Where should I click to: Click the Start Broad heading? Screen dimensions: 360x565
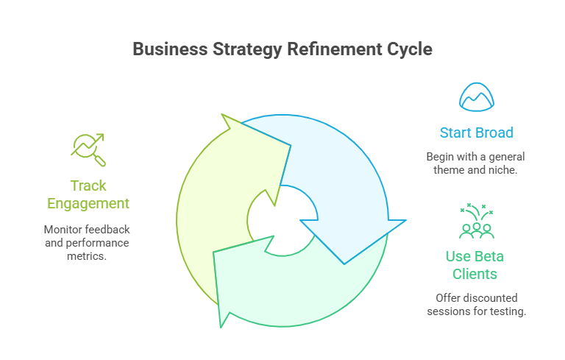click(476, 133)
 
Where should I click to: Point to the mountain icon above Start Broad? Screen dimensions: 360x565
click(476, 96)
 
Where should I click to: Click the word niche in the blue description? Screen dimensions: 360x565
click(508, 170)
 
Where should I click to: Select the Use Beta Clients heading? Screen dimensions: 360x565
click(476, 265)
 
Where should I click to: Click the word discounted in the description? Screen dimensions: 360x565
click(491, 297)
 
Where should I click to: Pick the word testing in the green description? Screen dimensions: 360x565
click(508, 311)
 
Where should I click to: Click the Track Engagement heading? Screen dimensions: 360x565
click(88, 194)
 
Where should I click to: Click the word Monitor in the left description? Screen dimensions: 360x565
click(64, 229)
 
